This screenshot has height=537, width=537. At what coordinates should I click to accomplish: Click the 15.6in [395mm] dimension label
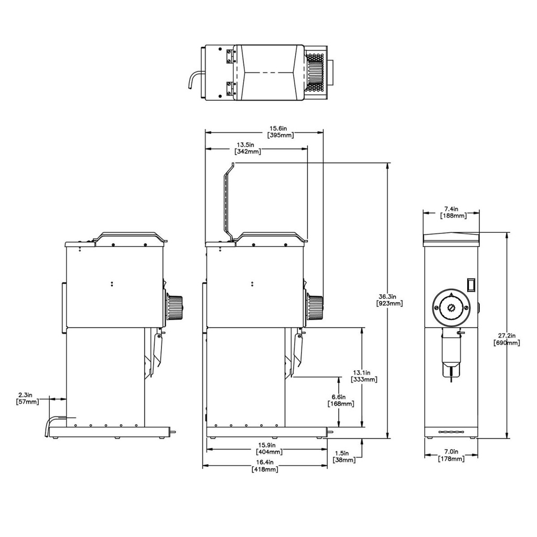tap(281, 131)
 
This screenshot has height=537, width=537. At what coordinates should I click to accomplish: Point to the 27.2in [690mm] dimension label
tap(507, 339)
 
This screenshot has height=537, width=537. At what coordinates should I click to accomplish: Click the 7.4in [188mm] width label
tap(452, 212)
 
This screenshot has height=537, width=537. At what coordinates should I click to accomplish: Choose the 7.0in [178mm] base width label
tap(451, 455)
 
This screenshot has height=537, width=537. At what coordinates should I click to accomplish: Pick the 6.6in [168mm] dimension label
tap(340, 400)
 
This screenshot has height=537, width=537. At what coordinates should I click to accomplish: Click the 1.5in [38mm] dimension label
tap(344, 456)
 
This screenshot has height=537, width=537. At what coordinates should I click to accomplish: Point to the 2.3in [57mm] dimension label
tap(26, 398)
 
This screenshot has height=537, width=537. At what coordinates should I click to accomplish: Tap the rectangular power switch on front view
tap(471, 284)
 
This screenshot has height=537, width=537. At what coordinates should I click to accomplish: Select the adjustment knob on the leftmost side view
tap(174, 307)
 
